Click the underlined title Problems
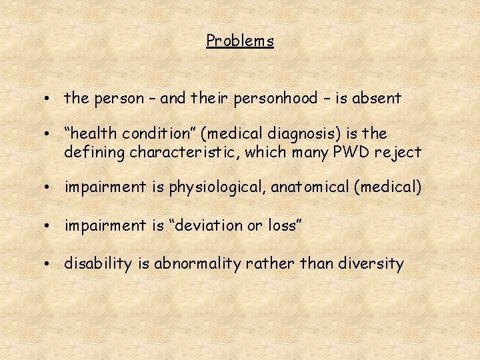click(x=240, y=41)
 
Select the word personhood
click(x=276, y=99)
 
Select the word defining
click(x=95, y=153)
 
